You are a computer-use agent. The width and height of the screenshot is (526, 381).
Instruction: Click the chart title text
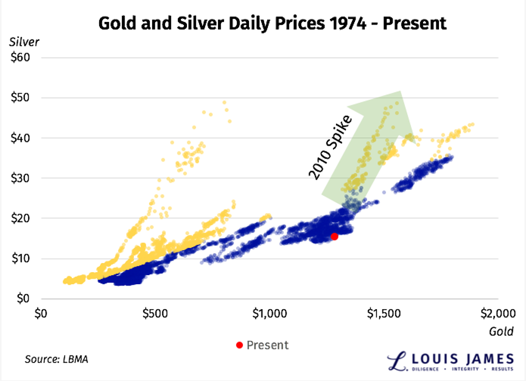(x=273, y=23)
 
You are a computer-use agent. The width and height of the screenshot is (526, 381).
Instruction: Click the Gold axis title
(x=501, y=331)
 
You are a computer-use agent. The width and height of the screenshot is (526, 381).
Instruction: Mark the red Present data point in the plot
(x=334, y=236)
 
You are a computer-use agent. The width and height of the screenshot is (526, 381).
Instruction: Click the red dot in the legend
(x=239, y=345)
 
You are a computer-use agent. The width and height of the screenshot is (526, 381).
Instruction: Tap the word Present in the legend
(x=267, y=345)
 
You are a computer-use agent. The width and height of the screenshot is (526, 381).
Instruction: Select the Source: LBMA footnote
(x=56, y=358)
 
